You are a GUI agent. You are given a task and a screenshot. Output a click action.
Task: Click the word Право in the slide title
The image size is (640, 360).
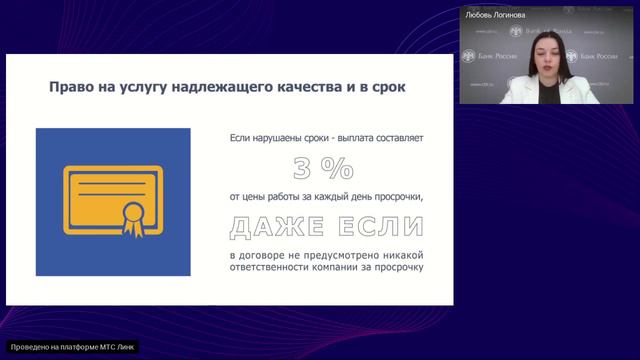[72, 87]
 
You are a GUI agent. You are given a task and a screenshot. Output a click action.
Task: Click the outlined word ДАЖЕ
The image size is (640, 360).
[272, 227]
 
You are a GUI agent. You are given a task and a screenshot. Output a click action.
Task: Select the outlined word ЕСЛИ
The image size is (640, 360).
[371, 227]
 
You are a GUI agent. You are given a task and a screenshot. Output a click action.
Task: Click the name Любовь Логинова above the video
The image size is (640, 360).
[494, 16]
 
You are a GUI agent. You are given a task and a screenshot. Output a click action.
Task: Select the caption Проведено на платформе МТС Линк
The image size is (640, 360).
[70, 348]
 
